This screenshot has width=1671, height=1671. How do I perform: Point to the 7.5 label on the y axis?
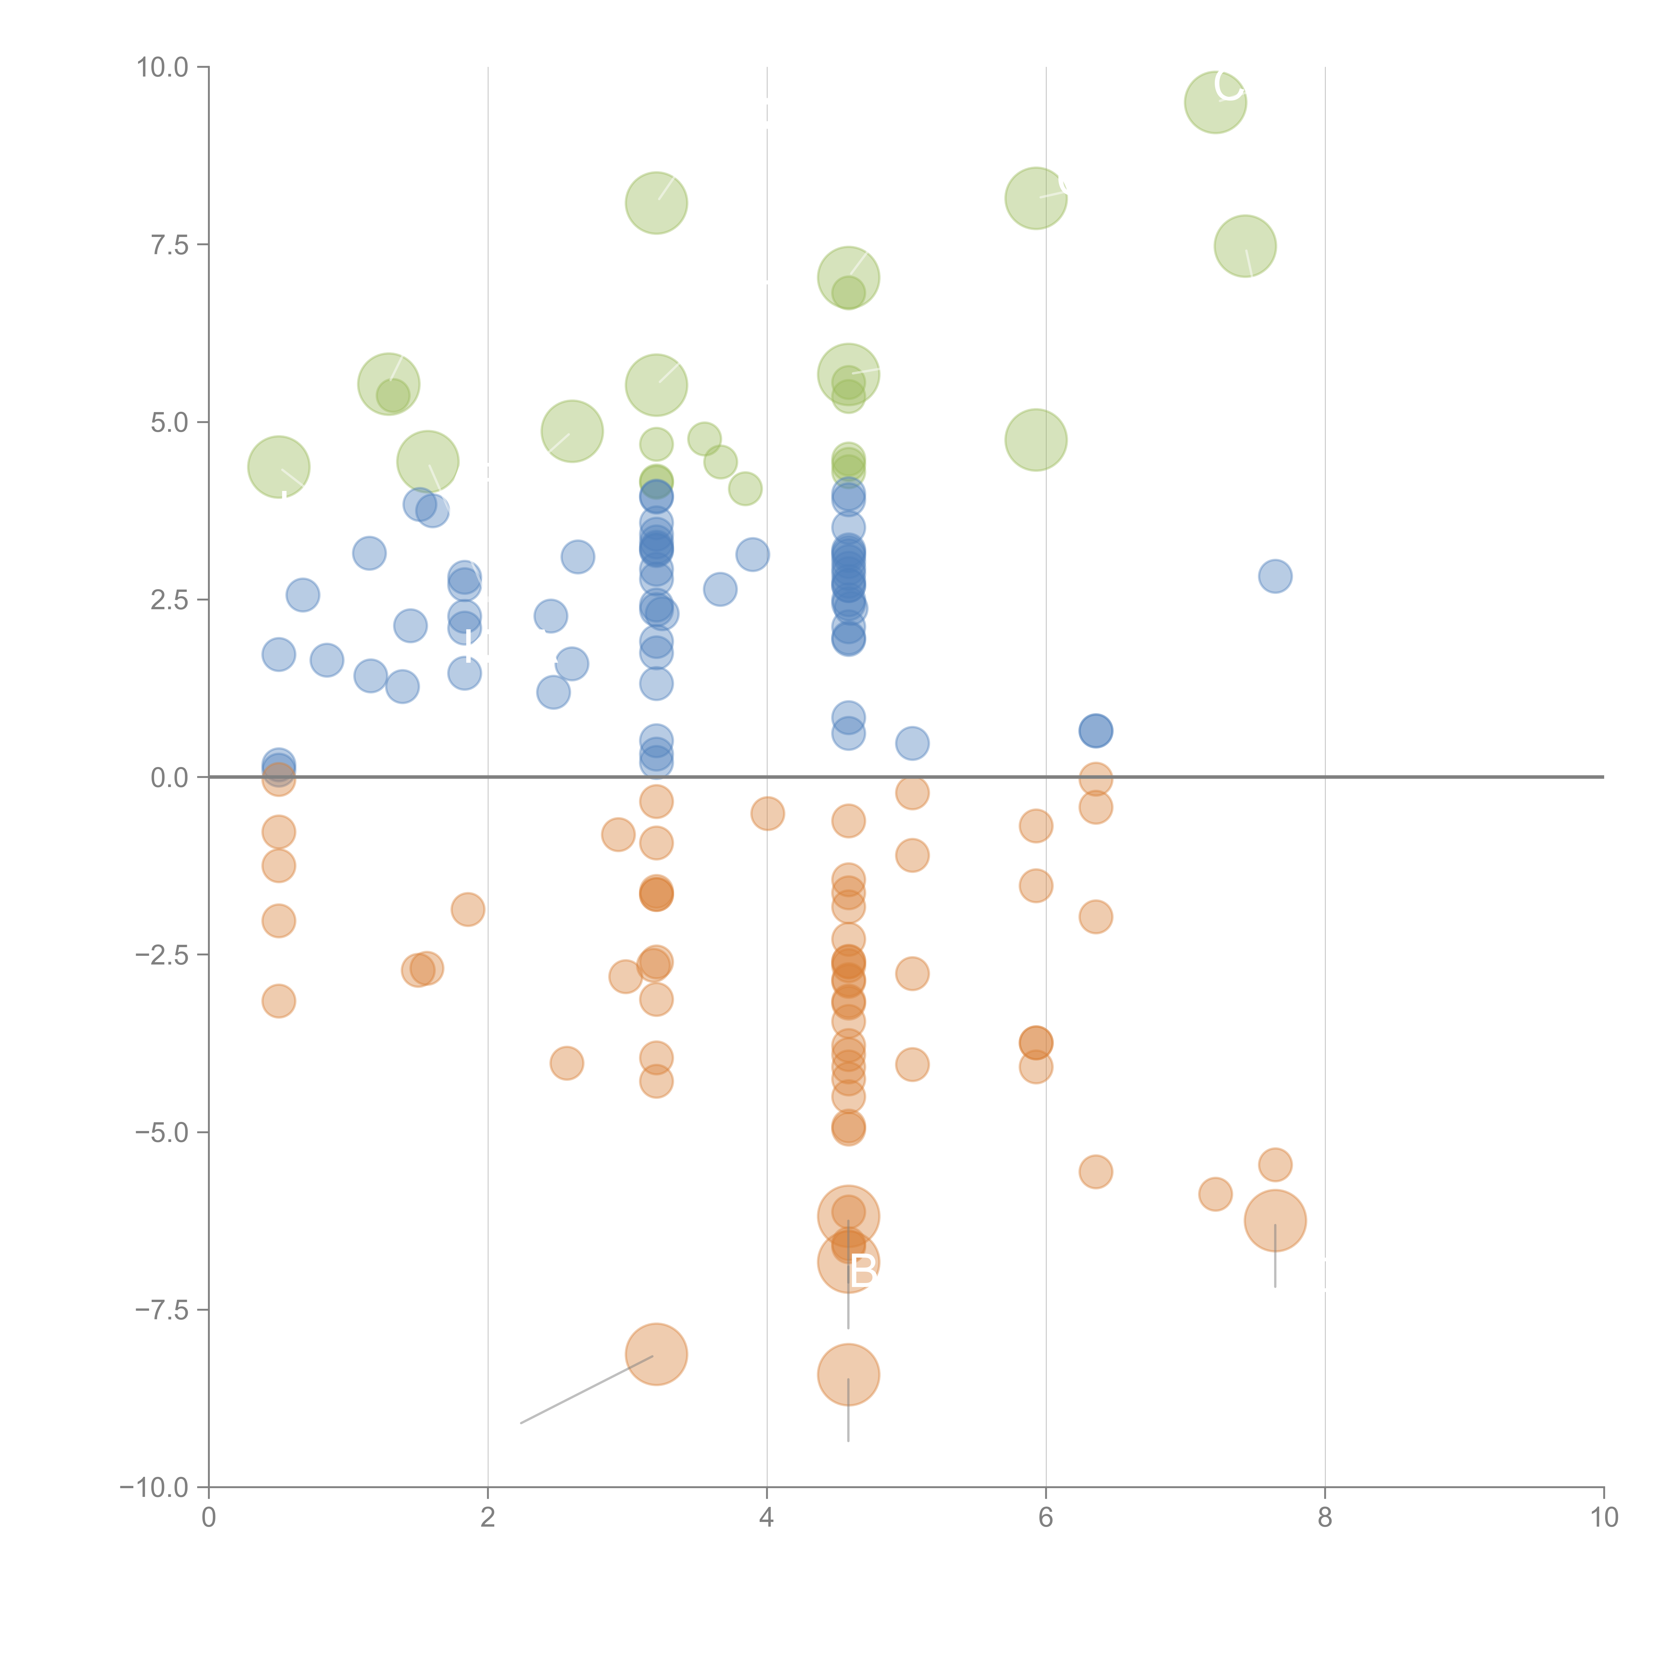click(169, 245)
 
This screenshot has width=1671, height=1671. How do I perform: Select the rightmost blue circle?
click(1275, 576)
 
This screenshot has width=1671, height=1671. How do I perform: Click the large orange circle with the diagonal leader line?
click(656, 1355)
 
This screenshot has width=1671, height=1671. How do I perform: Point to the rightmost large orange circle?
click(1275, 1220)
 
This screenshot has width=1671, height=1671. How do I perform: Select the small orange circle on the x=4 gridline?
click(767, 813)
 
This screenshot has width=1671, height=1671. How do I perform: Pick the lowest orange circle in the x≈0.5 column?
click(278, 1002)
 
